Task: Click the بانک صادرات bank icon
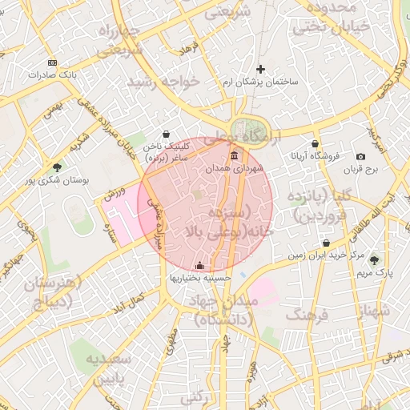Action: point(53,62)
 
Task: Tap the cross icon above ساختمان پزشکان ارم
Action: point(260,70)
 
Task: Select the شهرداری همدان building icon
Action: point(234,155)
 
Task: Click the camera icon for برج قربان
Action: point(361,156)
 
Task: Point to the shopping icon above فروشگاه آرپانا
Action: point(314,142)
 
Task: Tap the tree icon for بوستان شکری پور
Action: point(57,167)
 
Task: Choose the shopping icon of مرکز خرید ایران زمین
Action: point(326,243)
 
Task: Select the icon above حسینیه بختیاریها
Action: point(200,265)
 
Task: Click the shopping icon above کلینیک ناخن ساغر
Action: point(166,134)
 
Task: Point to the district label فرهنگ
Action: point(307,315)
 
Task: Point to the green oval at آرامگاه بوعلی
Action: point(243,129)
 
